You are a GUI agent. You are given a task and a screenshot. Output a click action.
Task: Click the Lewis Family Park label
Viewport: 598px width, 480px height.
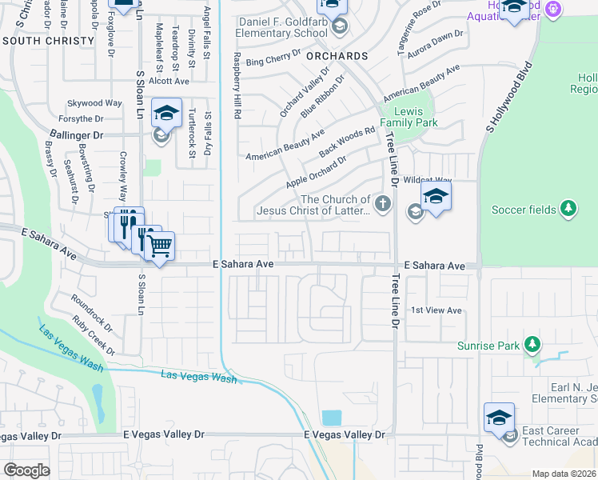409,118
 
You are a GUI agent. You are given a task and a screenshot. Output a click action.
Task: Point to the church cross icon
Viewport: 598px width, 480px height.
383,203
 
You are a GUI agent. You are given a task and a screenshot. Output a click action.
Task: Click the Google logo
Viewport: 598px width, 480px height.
26,470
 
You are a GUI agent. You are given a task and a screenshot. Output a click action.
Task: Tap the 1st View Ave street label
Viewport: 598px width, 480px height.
437,310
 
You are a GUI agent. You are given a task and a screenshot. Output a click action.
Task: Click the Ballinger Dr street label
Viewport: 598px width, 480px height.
77,136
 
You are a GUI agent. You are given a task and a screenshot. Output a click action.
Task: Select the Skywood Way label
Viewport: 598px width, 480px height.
94,103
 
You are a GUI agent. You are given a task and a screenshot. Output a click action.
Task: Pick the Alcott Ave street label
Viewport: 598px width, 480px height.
169,81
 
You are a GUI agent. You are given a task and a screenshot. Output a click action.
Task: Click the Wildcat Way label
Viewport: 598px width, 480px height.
427,181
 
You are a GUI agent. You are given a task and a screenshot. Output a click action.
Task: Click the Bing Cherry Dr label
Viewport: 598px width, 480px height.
273,57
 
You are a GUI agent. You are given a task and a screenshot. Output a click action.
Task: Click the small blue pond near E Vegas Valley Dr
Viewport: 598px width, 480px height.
331,418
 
